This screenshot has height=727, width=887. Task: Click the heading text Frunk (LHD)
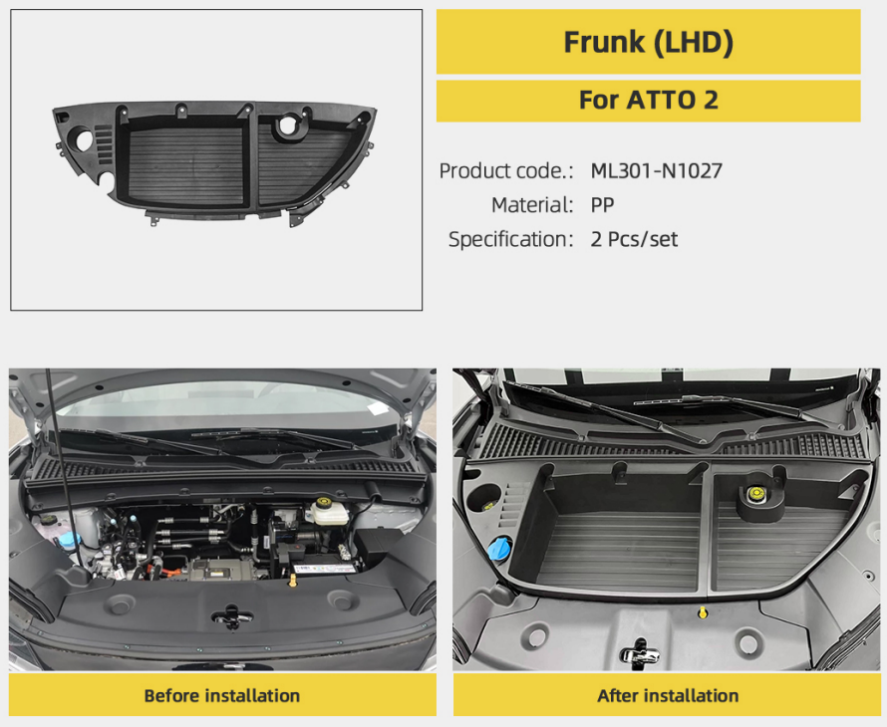click(648, 43)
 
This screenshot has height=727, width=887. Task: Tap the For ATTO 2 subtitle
click(648, 100)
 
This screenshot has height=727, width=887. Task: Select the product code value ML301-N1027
click(656, 170)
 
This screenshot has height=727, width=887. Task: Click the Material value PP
click(602, 204)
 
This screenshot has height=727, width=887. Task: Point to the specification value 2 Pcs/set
click(634, 239)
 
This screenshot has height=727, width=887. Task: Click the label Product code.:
click(506, 170)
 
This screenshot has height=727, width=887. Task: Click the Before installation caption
click(221, 695)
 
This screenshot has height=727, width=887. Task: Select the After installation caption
click(668, 695)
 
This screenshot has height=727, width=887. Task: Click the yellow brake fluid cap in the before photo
click(324, 502)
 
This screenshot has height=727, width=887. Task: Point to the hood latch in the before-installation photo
click(231, 616)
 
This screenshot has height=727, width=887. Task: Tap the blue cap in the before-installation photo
click(69, 540)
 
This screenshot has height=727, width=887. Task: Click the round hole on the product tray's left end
click(84, 140)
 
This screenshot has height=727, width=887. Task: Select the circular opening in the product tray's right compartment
click(288, 125)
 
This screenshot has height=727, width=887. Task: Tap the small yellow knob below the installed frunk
click(702, 612)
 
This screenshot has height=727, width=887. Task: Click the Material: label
click(532, 204)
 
